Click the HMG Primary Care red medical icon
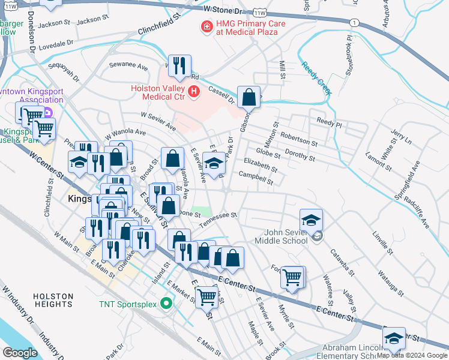coord(206,27)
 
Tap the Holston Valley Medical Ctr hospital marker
coord(193,92)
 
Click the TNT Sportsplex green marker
coord(166,304)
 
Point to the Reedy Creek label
coord(316,79)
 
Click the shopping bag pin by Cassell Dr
coord(249,97)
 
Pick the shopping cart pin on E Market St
coord(207,296)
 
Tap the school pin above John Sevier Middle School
coord(312,220)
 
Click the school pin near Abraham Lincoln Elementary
coord(394,339)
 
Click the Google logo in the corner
coord(20,353)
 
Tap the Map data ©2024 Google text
coord(412,355)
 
